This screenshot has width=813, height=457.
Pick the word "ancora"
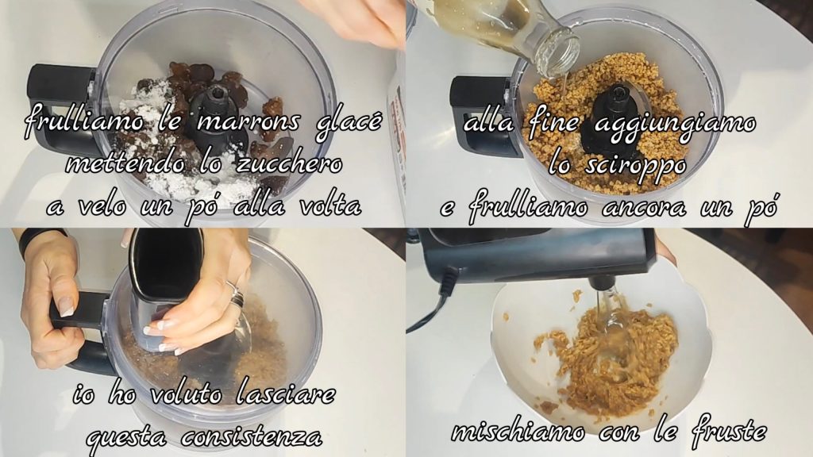pos(644,208)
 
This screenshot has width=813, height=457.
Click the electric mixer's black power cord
pos(430,305)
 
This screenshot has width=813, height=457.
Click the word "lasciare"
pos(285,395)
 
